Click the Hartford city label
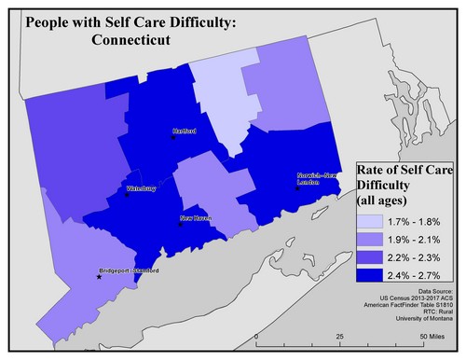pos(185,132)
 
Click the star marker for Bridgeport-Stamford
pos(100,277)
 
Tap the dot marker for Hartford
pos(172,137)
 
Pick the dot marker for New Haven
pos(179,224)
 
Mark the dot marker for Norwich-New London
pos(297,187)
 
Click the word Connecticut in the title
pos(139,40)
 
